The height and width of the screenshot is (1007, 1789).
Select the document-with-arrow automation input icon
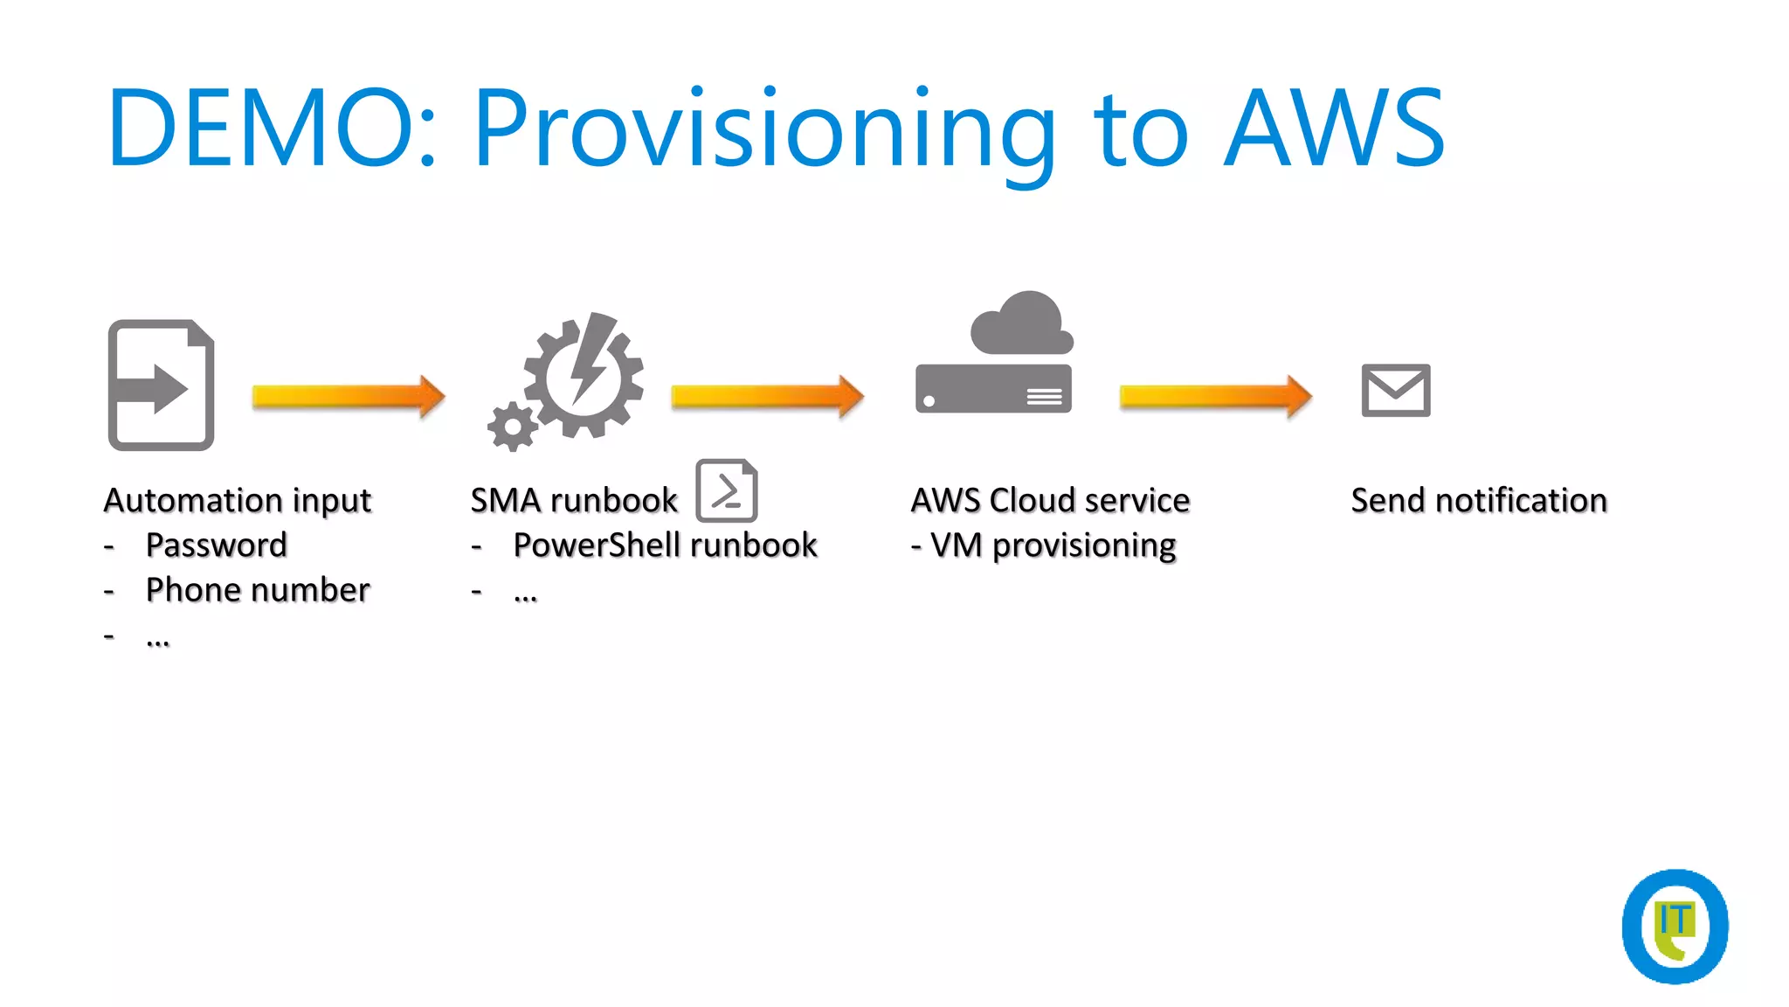coord(162,385)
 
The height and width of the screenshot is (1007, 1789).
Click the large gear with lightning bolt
coord(584,376)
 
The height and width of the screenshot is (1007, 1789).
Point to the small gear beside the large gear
coord(512,427)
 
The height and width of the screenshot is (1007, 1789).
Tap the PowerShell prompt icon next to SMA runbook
coord(726,490)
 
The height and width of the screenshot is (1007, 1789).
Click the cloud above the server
coord(1022,324)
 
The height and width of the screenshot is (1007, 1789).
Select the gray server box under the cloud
coord(993,389)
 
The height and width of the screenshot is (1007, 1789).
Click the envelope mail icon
coord(1395,390)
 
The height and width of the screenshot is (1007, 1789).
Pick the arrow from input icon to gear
coord(349,397)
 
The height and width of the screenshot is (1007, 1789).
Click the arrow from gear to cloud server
coord(767,397)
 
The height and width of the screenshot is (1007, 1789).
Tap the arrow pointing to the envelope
coord(1215,397)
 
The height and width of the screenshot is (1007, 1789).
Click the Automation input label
coord(238,501)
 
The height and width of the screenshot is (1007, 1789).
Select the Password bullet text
coord(216,545)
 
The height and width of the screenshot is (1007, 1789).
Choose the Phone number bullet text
coord(258,590)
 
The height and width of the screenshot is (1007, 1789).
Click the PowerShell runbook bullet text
coord(665,545)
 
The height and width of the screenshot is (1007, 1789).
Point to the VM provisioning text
coord(1053,545)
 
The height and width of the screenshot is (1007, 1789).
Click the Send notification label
coord(1479,501)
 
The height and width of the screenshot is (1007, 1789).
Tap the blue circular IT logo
coord(1675,927)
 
